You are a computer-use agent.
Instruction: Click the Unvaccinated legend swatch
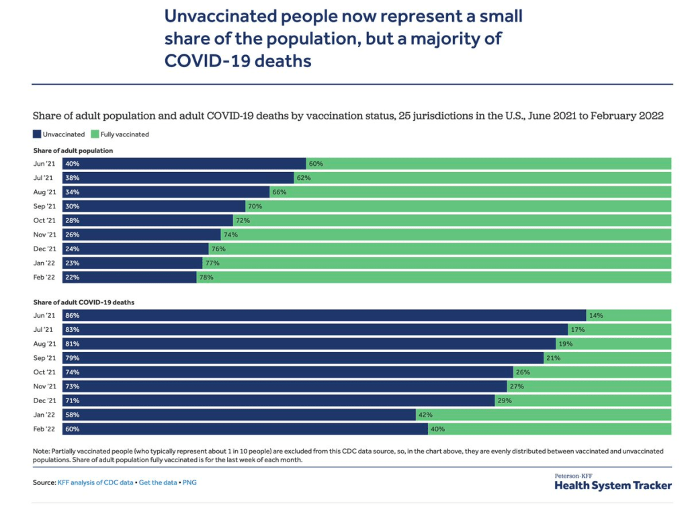coord(38,134)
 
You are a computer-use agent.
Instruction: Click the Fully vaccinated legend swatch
coord(95,134)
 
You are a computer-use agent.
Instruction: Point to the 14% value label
coord(596,315)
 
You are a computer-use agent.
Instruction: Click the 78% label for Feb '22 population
coord(206,277)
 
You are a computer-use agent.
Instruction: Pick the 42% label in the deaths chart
coord(426,415)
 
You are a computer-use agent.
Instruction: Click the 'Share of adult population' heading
coord(73,151)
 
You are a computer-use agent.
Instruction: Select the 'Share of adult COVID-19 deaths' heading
coord(83,302)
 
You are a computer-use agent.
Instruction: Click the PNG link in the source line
coord(189,482)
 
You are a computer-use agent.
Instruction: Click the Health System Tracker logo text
coord(613,485)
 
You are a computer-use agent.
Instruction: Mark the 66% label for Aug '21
coord(279,192)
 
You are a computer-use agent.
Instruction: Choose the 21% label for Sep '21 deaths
coord(553,358)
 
